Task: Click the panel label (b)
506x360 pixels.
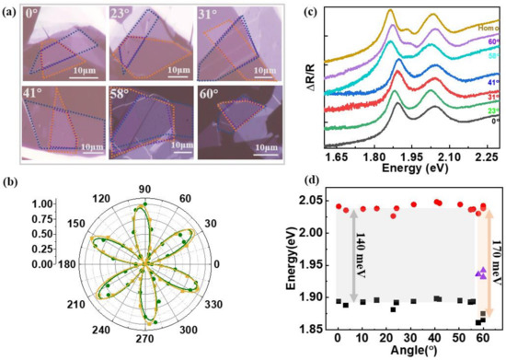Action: coord(11,171)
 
